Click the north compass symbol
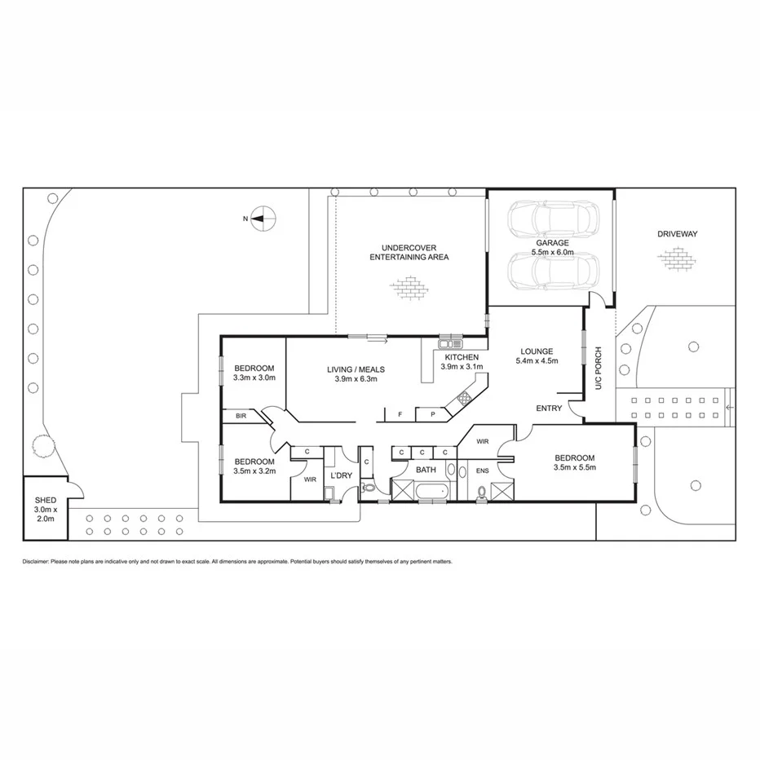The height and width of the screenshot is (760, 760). [263, 218]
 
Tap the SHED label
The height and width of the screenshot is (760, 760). [44, 501]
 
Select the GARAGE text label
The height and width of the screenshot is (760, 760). [552, 243]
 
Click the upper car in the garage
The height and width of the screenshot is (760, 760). [553, 218]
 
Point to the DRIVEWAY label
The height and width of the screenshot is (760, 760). [677, 234]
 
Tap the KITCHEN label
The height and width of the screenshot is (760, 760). [462, 357]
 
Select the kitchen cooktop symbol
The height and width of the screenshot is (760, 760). [465, 398]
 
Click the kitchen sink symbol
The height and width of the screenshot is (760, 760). [450, 344]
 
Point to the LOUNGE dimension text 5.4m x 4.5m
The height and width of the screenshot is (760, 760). [537, 360]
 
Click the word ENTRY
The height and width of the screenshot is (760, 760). [549, 409]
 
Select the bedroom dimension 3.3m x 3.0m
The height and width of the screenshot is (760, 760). [254, 378]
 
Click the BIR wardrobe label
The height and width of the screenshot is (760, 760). [241, 416]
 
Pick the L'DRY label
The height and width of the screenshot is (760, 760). [340, 475]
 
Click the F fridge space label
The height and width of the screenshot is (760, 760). [400, 415]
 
